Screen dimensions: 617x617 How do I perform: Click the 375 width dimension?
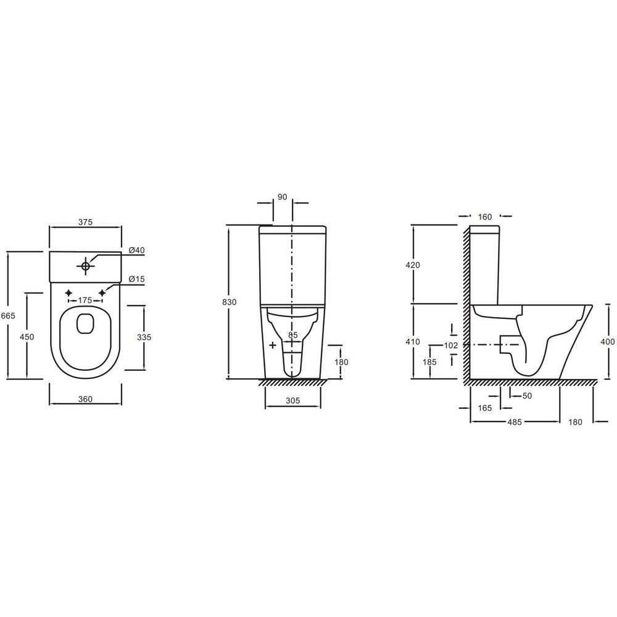pyautogui.click(x=85, y=222)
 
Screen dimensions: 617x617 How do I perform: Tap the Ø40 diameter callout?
pyautogui.click(x=136, y=251)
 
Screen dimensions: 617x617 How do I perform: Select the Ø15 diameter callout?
pyautogui.click(x=136, y=279)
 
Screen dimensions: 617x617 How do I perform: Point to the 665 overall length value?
pyautogui.click(x=8, y=315)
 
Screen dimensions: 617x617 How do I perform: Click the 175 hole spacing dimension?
pyautogui.click(x=85, y=300)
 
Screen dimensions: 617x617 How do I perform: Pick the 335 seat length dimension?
pyautogui.click(x=144, y=337)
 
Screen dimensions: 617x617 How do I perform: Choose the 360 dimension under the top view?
pyautogui.click(x=85, y=399)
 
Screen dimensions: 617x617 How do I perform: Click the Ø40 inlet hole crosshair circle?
pyautogui.click(x=85, y=265)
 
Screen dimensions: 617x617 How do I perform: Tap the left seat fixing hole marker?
pyautogui.click(x=68, y=292)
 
